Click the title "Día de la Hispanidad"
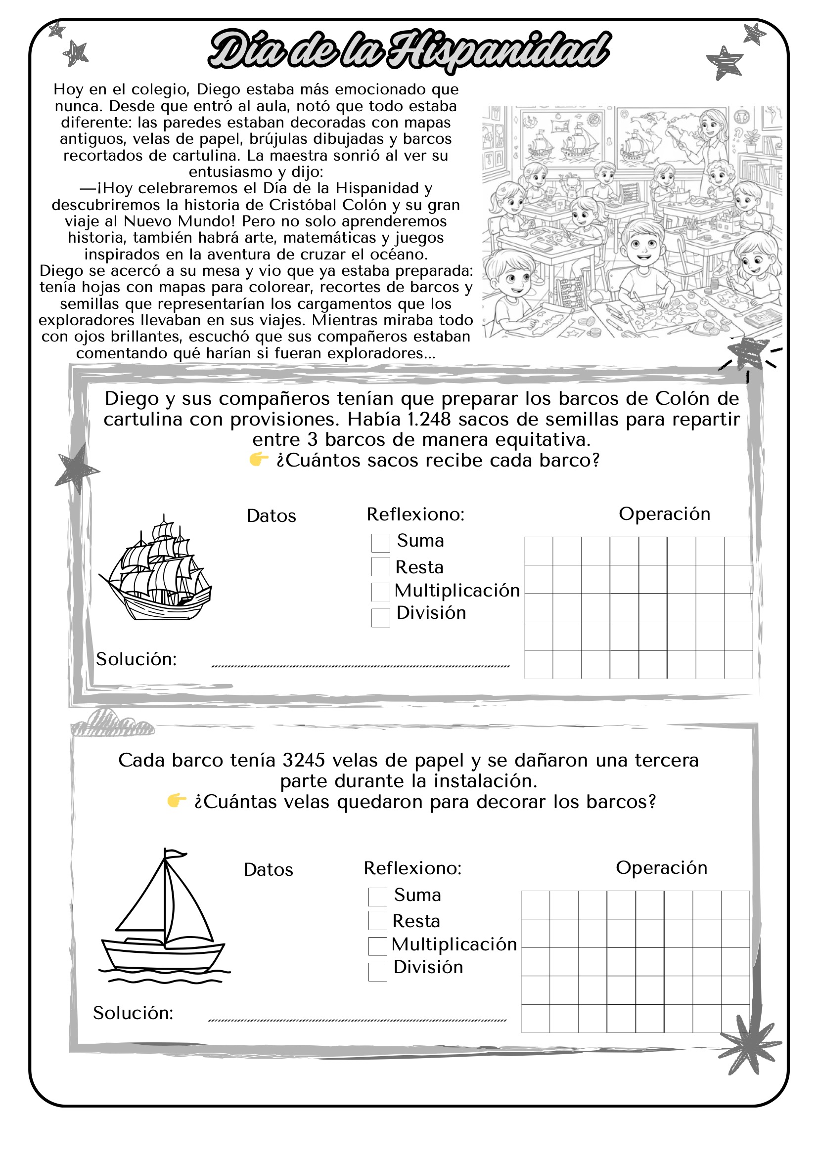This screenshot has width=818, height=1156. (x=409, y=50)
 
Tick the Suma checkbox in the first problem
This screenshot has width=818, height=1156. (x=380, y=543)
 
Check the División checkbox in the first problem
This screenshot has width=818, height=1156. (x=380, y=617)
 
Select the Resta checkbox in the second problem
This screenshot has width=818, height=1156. (x=377, y=920)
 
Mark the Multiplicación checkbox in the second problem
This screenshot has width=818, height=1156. (x=377, y=945)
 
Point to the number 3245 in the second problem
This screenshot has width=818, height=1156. (x=304, y=760)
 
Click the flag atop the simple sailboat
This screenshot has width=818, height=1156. (x=175, y=854)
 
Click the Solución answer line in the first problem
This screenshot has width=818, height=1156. (x=360, y=666)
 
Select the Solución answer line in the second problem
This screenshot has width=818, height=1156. (x=357, y=1020)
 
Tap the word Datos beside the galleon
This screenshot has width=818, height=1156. (x=271, y=516)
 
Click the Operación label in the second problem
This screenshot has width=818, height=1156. (x=661, y=867)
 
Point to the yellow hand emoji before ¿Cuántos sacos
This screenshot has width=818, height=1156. (x=258, y=459)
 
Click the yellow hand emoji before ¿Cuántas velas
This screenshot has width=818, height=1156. (x=176, y=801)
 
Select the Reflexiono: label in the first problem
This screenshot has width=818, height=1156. (x=415, y=514)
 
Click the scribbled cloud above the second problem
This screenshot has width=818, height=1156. (x=112, y=724)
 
